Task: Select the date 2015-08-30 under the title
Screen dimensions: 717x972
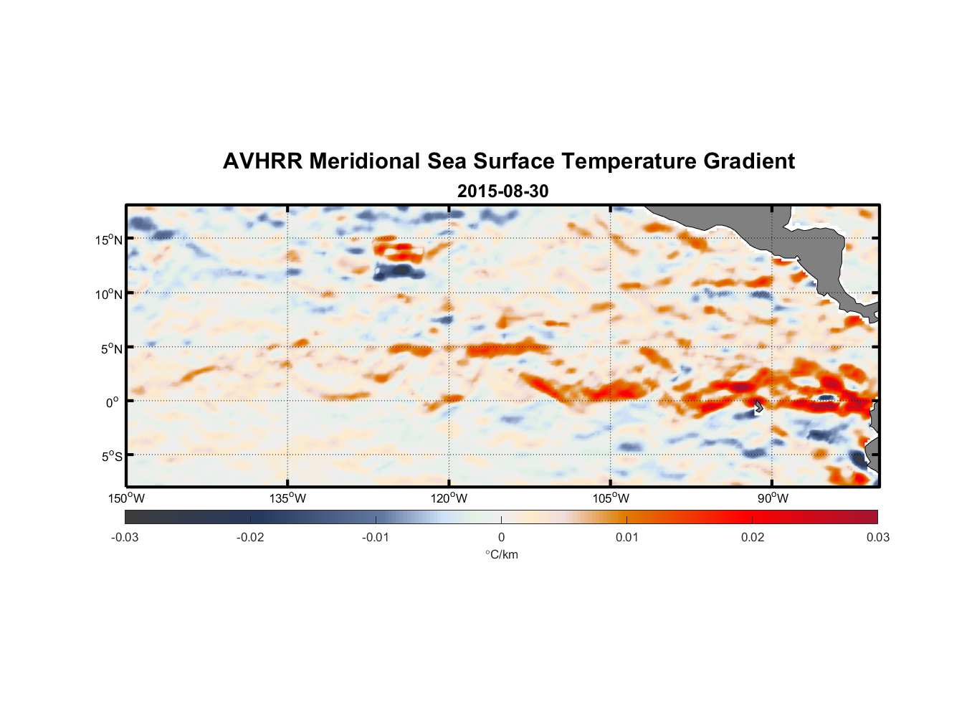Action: point(502,191)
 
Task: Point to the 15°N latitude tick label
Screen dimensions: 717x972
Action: point(109,240)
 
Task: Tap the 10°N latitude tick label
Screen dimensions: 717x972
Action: point(109,294)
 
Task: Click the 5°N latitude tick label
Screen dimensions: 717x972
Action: point(111,349)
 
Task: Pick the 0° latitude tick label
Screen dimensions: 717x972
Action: point(112,402)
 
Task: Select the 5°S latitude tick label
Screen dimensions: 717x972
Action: point(111,457)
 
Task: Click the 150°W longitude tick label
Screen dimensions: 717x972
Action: point(127,498)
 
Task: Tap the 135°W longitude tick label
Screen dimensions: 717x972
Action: point(287,498)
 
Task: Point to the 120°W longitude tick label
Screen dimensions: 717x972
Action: point(449,498)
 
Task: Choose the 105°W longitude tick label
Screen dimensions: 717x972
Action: point(611,498)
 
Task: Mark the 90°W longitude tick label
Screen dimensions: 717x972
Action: point(773,498)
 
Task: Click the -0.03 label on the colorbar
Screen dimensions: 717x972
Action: point(125,538)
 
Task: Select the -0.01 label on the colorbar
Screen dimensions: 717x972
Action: point(376,538)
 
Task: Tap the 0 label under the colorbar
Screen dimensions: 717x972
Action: point(501,538)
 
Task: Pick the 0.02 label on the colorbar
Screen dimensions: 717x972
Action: point(753,538)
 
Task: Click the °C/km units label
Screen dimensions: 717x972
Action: point(501,554)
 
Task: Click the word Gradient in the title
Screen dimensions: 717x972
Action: point(749,161)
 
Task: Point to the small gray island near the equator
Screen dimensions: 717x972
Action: point(758,406)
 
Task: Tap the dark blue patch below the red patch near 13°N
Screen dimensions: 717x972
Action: point(398,271)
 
